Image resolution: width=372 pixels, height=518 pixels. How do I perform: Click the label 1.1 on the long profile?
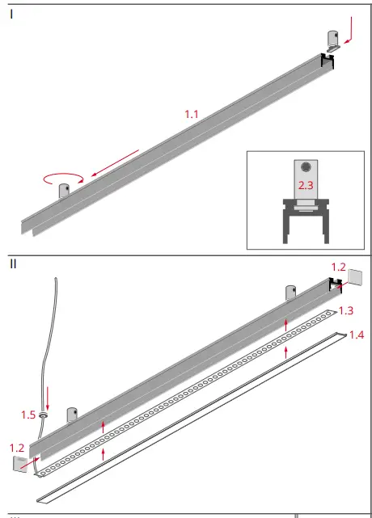191,114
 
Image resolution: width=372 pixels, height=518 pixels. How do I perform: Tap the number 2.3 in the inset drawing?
305,185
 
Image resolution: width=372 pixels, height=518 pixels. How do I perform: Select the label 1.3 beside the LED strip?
345,310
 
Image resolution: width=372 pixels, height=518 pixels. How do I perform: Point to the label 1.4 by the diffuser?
357,334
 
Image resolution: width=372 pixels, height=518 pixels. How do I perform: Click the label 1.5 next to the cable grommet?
27,415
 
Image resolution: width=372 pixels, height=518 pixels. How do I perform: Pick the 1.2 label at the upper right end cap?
340,265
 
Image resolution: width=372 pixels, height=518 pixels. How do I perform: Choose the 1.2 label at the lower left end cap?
17,447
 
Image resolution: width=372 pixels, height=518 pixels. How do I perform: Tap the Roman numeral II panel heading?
14,263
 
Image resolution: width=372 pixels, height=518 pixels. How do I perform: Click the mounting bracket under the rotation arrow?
65,192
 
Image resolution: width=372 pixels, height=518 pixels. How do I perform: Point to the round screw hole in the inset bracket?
305,167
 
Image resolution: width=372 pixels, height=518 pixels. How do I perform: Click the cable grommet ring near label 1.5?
44,415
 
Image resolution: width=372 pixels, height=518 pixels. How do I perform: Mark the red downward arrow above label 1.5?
48,397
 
